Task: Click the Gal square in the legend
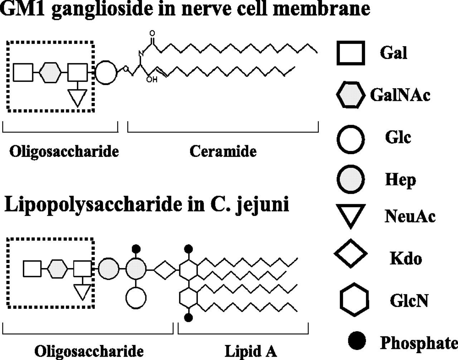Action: click(351, 53)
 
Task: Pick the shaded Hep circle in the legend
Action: click(351, 179)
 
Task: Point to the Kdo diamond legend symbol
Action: click(351, 253)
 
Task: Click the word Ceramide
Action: click(223, 151)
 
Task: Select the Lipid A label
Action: click(250, 351)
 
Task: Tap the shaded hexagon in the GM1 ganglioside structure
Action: click(50, 73)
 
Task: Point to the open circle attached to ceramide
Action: click(106, 73)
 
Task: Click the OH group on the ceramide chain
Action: click(152, 79)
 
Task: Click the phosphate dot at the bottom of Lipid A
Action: click(189, 317)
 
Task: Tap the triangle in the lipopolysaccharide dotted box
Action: click(83, 291)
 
